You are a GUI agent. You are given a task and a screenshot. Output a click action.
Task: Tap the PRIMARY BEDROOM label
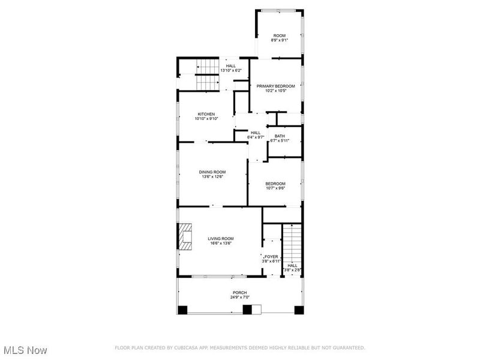click(x=276, y=86)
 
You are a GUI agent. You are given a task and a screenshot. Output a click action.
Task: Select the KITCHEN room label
click(x=206, y=114)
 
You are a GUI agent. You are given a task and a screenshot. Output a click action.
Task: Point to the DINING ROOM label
click(x=212, y=172)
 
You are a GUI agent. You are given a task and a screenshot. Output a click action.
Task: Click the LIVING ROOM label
click(x=220, y=238)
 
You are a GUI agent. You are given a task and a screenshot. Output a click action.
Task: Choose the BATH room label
click(x=280, y=136)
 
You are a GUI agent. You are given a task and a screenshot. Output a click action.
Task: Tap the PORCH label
click(x=239, y=293)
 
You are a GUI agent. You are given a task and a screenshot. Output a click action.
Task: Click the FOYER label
click(x=271, y=256)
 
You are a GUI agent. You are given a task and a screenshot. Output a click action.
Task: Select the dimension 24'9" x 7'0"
click(x=239, y=298)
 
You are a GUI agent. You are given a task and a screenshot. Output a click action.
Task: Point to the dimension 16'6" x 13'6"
click(x=220, y=243)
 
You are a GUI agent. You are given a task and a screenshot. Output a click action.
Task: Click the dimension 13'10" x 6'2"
click(x=231, y=71)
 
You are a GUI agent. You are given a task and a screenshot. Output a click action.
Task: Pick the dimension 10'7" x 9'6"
click(x=276, y=188)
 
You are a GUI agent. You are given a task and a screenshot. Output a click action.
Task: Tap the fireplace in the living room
click(x=185, y=236)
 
